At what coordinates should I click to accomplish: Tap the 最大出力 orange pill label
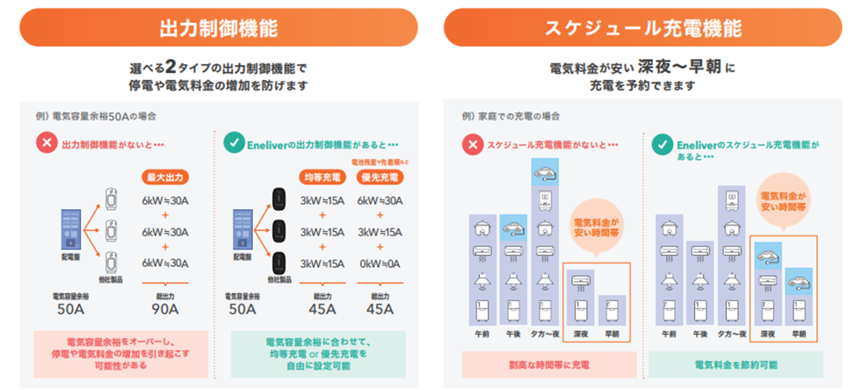coord(167,177)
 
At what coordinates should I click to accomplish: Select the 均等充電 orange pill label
coord(322,177)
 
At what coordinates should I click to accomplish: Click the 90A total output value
coord(167,308)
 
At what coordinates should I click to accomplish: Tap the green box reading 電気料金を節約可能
coord(736,364)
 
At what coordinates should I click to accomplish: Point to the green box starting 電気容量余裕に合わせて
coord(317,348)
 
